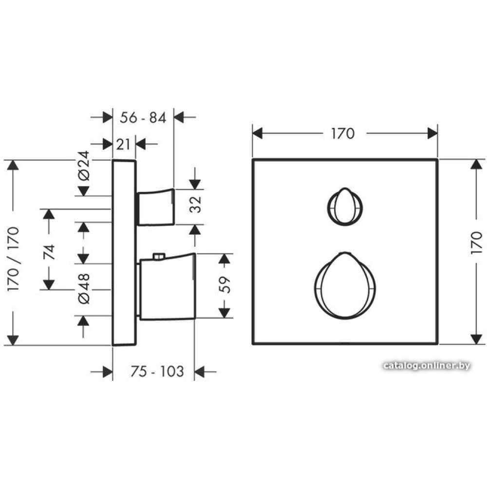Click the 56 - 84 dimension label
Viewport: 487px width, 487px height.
coord(143,118)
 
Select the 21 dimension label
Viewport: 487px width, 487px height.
coord(123,145)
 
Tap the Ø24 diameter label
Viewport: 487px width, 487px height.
coord(84,166)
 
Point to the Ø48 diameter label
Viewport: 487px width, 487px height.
coord(84,289)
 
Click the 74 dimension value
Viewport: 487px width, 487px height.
coord(49,252)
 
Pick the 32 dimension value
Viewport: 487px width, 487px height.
coord(195,205)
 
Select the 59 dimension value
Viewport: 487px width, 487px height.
coord(225,285)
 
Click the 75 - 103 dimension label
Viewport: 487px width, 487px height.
coord(157,372)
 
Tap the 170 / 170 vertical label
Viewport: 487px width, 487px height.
coord(13,259)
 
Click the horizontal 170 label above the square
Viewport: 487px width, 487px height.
coord(342,134)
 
